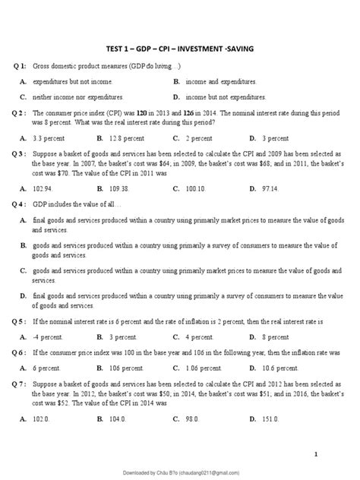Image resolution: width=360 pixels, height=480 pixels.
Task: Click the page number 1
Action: [335, 453]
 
